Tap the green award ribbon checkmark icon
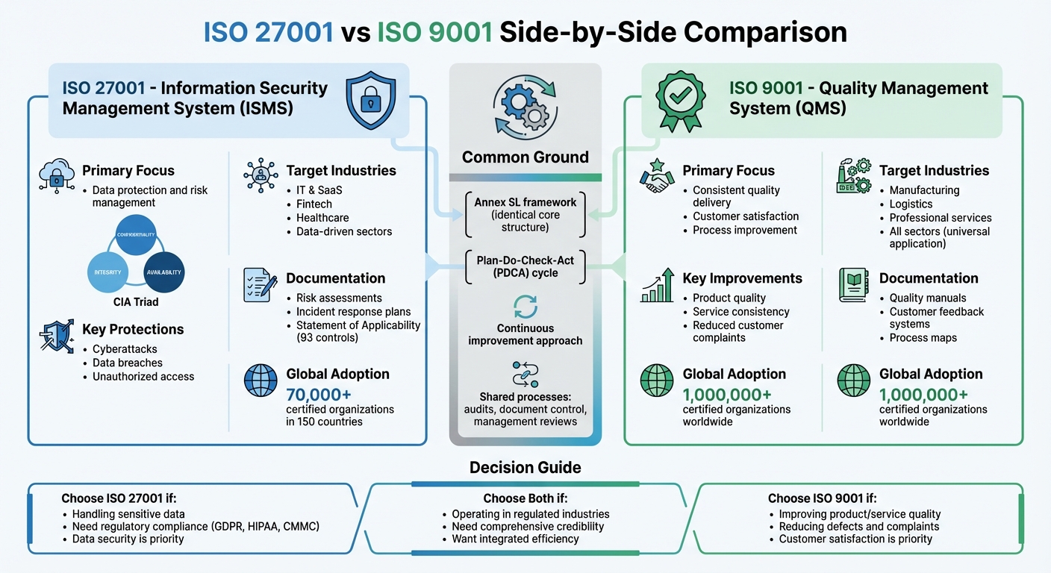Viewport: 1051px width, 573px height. pyautogui.click(x=680, y=100)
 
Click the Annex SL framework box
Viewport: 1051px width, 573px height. pyautogui.click(x=525, y=214)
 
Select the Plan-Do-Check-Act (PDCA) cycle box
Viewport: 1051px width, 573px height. pyautogui.click(x=525, y=267)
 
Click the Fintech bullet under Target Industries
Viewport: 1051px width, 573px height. pyautogui.click(x=314, y=204)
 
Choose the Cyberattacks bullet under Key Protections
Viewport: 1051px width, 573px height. pyautogui.click(x=125, y=349)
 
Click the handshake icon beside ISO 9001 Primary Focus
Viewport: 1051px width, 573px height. pyautogui.click(x=657, y=176)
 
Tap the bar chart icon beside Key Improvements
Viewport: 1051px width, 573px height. pyautogui.click(x=657, y=285)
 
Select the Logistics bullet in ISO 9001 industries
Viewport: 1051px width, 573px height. pyautogui.click(x=911, y=204)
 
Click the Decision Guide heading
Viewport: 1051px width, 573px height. pyautogui.click(x=525, y=468)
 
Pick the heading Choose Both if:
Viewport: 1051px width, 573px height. pyautogui.click(x=525, y=498)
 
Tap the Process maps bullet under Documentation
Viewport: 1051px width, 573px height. pyautogui.click(x=923, y=338)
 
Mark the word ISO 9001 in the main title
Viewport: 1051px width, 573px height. pyautogui.click(x=434, y=32)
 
